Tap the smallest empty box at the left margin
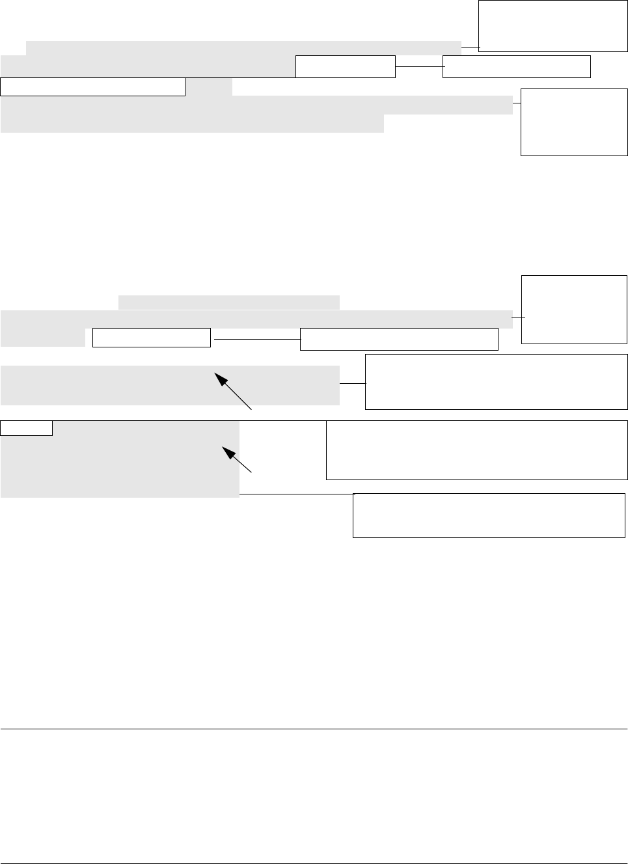27,427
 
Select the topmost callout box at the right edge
553,25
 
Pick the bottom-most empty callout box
489,515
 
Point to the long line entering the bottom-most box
296,494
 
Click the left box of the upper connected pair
346,66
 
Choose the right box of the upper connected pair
516,66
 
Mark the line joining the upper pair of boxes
419,66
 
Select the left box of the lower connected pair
152,338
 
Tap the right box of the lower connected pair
399,339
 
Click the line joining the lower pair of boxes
256,339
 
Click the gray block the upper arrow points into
170,385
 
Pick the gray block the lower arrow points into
120,459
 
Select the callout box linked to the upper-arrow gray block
496,382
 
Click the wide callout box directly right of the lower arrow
476,450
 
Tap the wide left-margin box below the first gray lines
93,87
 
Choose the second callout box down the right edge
574,122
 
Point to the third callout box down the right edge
574,309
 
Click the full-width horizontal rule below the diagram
314,729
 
